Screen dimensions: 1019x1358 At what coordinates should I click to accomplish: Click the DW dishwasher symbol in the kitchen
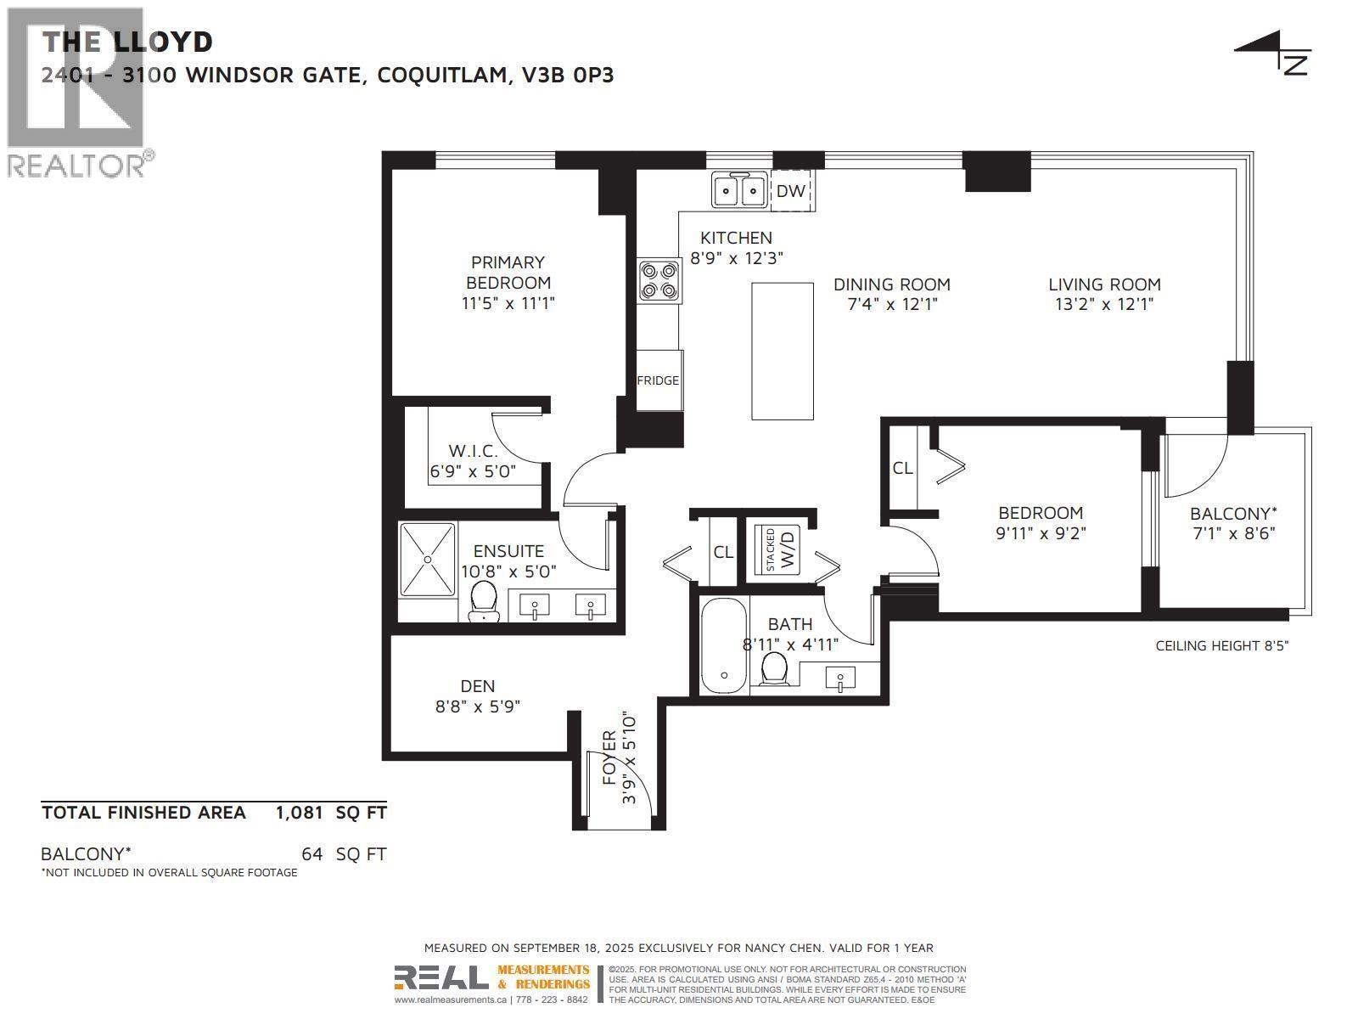click(790, 191)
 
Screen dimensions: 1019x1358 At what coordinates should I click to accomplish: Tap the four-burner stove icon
click(659, 280)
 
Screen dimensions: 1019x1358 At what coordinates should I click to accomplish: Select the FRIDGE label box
click(659, 380)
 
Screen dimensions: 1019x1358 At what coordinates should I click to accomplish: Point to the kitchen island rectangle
click(783, 351)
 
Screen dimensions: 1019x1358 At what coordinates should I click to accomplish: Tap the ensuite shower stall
click(429, 559)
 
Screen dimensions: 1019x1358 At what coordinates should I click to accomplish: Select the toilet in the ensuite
click(484, 600)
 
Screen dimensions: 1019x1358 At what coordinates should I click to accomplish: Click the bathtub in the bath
click(724, 646)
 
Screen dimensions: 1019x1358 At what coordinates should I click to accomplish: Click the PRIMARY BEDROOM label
click(508, 273)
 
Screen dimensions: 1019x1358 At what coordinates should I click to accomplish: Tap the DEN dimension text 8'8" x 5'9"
click(478, 706)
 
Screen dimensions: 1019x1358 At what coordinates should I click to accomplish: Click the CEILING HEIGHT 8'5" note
click(1221, 645)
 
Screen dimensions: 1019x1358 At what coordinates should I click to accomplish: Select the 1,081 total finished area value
click(299, 813)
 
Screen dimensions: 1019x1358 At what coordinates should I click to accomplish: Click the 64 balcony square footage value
click(311, 854)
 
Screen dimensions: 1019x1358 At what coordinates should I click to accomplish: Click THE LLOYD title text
click(127, 41)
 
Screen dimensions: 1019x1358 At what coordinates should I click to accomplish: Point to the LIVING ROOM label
click(1103, 284)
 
